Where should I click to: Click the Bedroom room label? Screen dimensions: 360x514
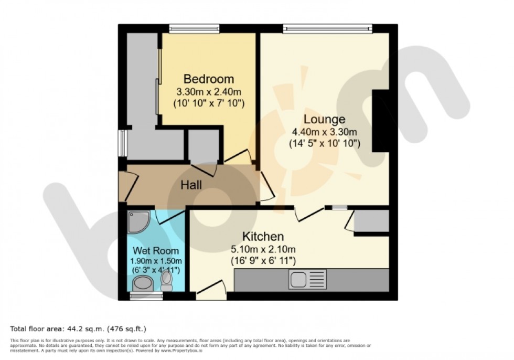coord(209,79)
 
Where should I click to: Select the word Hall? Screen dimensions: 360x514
coord(191,185)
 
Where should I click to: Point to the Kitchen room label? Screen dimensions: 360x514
coord(263,236)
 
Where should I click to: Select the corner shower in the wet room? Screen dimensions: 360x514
coord(138,221)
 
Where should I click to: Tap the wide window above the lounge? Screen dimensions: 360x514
coord(328,28)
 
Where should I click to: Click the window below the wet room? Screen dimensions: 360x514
coord(146,297)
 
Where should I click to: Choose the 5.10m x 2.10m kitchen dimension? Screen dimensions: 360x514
coord(263,249)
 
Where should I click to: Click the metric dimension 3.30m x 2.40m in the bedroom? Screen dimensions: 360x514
coord(209,92)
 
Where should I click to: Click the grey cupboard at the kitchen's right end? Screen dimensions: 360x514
coord(371,220)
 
